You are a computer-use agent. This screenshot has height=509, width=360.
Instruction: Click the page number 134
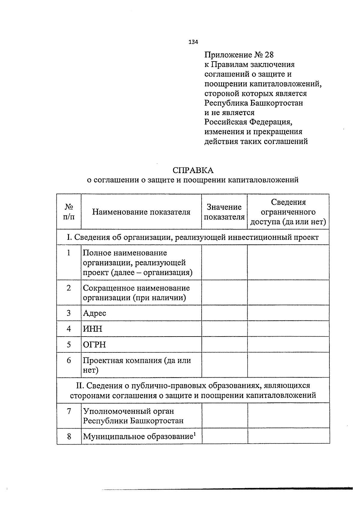[x=193, y=42]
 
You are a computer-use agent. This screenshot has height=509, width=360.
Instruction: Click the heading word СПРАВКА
[x=193, y=170]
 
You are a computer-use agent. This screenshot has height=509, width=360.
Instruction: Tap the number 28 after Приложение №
[x=269, y=55]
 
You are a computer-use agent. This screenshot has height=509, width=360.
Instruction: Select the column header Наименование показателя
[x=141, y=212]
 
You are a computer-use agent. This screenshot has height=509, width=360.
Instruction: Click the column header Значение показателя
[x=224, y=212]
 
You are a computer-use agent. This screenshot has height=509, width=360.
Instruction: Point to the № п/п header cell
[x=69, y=212]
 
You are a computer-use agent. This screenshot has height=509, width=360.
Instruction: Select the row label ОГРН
[x=94, y=344]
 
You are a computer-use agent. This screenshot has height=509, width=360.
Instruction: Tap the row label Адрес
[x=94, y=313]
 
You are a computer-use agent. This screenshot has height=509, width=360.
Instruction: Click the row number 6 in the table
[x=69, y=360]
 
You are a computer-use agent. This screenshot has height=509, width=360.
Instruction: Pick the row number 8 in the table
[x=69, y=436]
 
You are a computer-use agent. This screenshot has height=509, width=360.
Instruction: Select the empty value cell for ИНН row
[x=224, y=329]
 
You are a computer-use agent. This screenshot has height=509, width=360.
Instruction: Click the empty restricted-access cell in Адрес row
[x=288, y=313]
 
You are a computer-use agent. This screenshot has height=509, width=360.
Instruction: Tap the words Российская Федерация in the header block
[x=248, y=122]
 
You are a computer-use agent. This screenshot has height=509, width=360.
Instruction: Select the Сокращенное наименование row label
[x=136, y=288]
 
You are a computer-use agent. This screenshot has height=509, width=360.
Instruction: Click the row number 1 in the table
[x=69, y=253]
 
